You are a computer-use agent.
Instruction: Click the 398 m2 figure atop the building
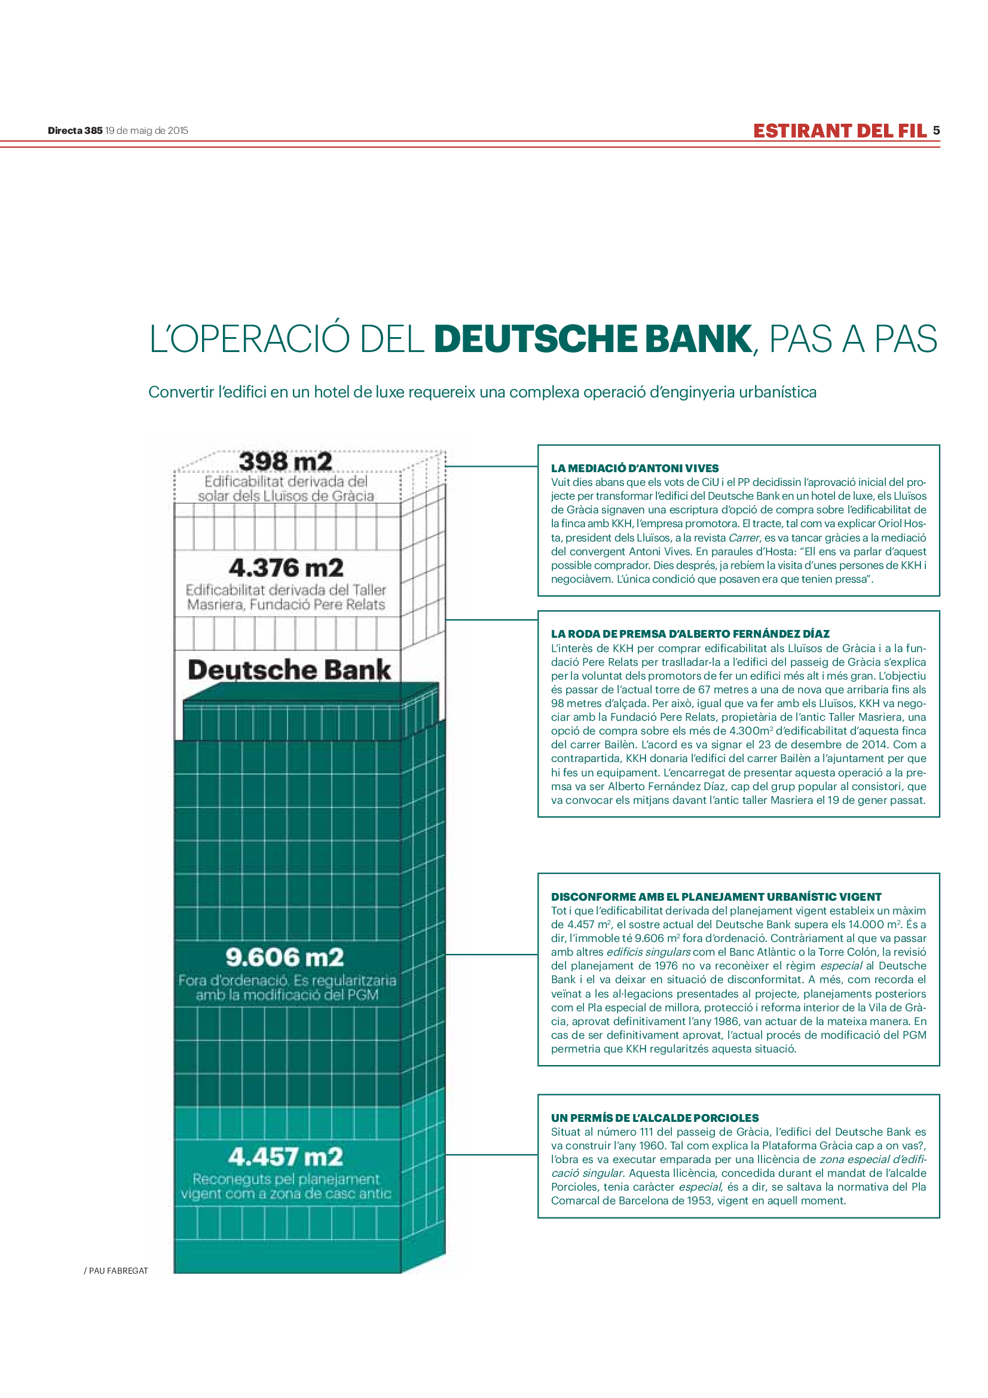[x=286, y=461]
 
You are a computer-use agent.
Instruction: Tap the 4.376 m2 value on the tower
[x=286, y=568]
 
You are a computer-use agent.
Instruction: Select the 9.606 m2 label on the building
[x=285, y=957]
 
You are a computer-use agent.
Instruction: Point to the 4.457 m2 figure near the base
[x=286, y=1157]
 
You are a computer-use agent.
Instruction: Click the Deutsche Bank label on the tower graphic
[x=289, y=670]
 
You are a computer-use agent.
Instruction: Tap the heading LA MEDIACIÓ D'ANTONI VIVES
[x=634, y=468]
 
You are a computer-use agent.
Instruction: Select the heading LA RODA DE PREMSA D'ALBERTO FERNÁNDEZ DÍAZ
[x=690, y=634]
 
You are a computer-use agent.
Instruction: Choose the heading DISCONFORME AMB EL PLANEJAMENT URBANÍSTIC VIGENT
[x=715, y=897]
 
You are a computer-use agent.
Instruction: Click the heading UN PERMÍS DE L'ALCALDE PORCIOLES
[x=654, y=1118]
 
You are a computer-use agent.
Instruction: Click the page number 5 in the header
[x=936, y=130]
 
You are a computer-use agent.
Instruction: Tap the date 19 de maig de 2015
[x=146, y=130]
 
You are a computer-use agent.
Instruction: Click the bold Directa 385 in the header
[x=75, y=130]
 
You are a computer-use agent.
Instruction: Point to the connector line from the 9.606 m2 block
[x=492, y=954]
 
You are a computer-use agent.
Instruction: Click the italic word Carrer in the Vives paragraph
[x=744, y=539]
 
